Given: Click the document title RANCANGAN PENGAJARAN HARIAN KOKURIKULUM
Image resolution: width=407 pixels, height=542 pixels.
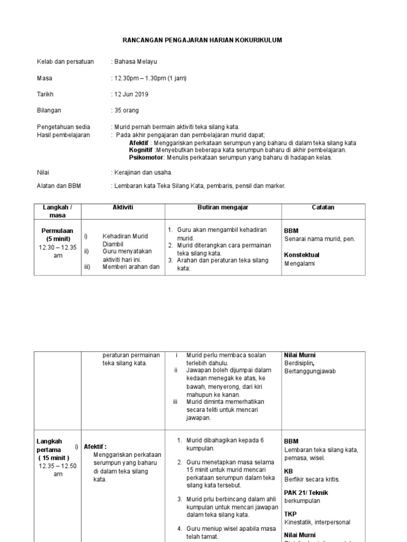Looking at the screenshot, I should (203, 40).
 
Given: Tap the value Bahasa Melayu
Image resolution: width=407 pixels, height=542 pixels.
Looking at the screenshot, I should (135, 62).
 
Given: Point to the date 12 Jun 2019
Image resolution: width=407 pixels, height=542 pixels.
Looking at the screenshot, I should (131, 94).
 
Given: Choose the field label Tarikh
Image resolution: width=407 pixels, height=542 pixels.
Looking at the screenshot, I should (45, 94).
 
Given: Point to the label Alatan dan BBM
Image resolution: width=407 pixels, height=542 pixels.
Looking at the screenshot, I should (59, 186).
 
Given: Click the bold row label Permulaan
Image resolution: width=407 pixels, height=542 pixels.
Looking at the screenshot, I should (58, 231).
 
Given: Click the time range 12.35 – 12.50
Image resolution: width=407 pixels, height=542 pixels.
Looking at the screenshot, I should (58, 466).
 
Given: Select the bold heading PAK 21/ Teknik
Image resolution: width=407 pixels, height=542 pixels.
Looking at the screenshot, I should (306, 492).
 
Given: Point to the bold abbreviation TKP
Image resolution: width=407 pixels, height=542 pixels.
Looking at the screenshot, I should (290, 514).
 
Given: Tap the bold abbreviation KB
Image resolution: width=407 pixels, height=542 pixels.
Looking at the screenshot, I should (289, 471).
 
